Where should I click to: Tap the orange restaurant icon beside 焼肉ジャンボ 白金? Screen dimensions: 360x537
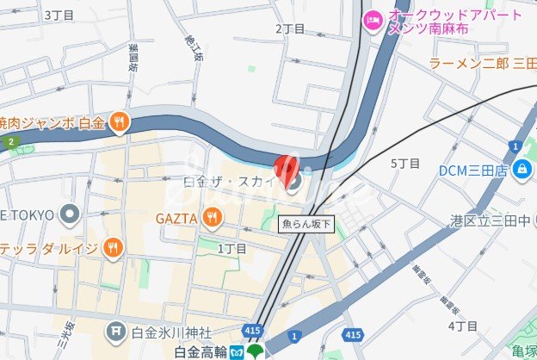click(120, 124)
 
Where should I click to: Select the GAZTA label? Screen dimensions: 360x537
click(176, 219)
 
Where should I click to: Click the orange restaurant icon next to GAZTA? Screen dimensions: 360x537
click(212, 219)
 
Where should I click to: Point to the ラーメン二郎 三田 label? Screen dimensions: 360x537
click(482, 63)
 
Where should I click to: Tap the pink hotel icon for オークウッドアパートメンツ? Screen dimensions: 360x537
click(373, 19)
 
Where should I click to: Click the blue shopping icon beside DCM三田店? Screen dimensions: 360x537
click(520, 171)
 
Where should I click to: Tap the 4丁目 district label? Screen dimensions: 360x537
click(463, 326)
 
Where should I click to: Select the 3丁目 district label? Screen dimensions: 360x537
click(59, 15)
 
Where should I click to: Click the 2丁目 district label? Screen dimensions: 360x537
click(290, 28)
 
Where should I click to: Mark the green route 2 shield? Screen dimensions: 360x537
click(10, 141)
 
